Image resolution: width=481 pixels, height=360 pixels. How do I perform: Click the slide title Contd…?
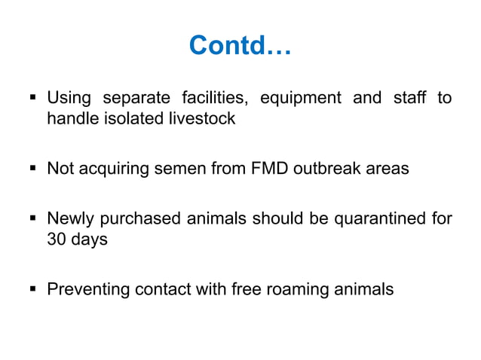tap(240, 46)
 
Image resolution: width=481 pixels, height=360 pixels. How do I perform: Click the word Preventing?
tap(85, 289)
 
